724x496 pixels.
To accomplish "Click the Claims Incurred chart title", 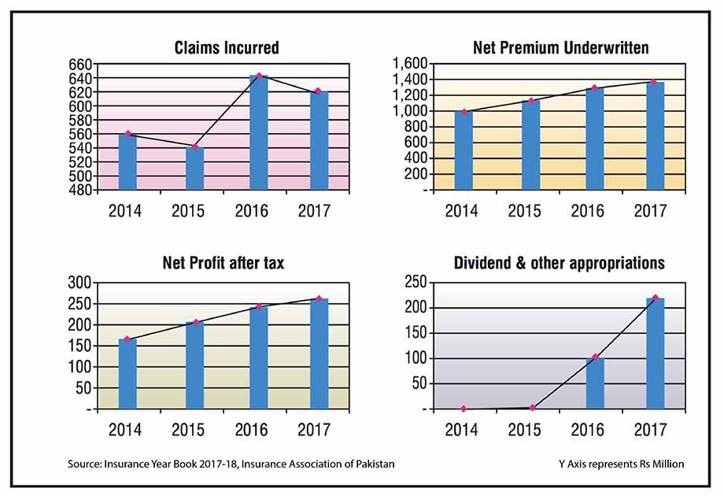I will pos(227,48).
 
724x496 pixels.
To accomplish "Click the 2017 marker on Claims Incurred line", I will pos(318,92).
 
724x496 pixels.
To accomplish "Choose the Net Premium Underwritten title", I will pos(561,48).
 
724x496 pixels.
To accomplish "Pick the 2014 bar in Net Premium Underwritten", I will pos(464,150).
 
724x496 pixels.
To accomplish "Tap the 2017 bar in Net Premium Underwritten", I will pos(656,135).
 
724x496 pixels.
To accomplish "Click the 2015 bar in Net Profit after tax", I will pos(195,365).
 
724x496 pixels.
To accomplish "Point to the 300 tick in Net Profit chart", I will pos(79,283).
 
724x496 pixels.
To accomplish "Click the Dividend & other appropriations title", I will pos(560,264).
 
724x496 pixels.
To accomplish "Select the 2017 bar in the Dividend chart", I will pos(656,353).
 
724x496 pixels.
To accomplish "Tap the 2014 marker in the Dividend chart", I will pos(464,409).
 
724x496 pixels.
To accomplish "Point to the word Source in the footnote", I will pos(86,465).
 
